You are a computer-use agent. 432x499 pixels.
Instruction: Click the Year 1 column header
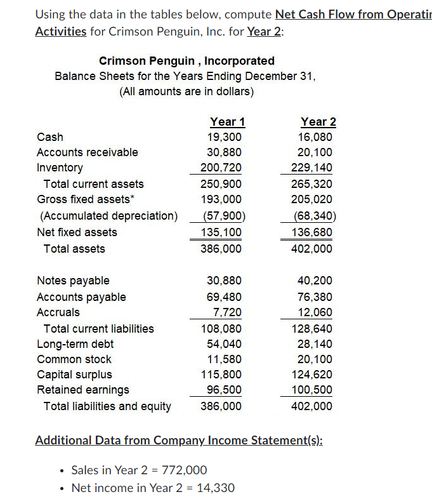click(x=227, y=121)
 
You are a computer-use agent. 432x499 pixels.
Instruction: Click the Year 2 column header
click(x=318, y=121)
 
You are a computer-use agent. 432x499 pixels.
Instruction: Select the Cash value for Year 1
click(x=224, y=136)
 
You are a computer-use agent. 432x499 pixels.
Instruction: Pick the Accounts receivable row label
click(x=87, y=152)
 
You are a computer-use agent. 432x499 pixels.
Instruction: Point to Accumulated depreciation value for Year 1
click(x=220, y=216)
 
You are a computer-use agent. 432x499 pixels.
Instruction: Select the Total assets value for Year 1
click(x=221, y=249)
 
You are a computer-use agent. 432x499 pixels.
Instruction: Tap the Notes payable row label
click(x=73, y=281)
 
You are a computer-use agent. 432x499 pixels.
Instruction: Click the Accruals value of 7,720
click(x=226, y=312)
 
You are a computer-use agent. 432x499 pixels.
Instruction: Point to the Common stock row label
click(x=74, y=359)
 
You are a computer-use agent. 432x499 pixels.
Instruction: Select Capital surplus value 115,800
click(x=221, y=375)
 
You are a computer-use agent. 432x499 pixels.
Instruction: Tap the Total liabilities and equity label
click(x=107, y=406)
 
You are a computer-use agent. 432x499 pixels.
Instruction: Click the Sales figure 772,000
click(x=185, y=470)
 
